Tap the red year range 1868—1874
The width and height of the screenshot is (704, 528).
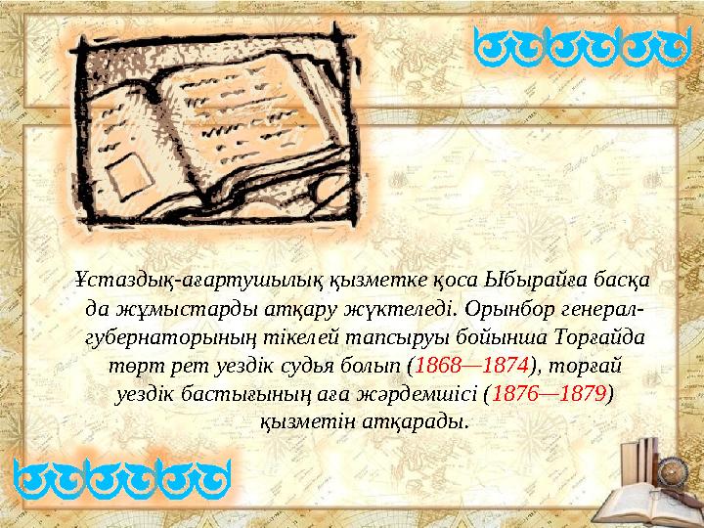(472, 368)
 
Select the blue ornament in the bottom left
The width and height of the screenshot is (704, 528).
(122, 482)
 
